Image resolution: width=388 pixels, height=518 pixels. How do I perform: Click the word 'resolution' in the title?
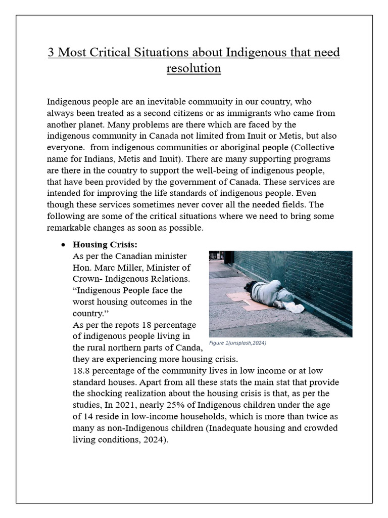[194, 68]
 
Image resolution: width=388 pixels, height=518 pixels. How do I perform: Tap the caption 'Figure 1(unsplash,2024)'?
[237, 343]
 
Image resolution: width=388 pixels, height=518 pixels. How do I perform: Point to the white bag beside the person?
[294, 307]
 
